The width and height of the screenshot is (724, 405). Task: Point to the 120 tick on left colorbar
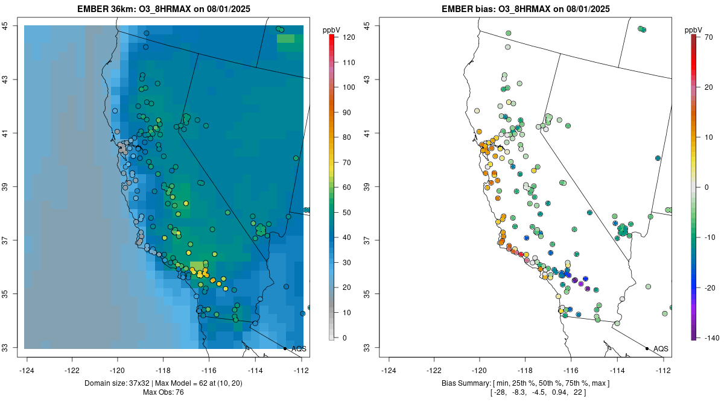pos(348,37)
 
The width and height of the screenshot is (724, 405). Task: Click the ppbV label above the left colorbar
pos(332,30)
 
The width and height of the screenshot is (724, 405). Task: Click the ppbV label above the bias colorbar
pos(693,30)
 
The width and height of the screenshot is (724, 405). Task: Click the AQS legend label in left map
pos(299,348)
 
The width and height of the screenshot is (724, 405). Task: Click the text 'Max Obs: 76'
pos(164,392)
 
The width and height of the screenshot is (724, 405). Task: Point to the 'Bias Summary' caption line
pos(525,383)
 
